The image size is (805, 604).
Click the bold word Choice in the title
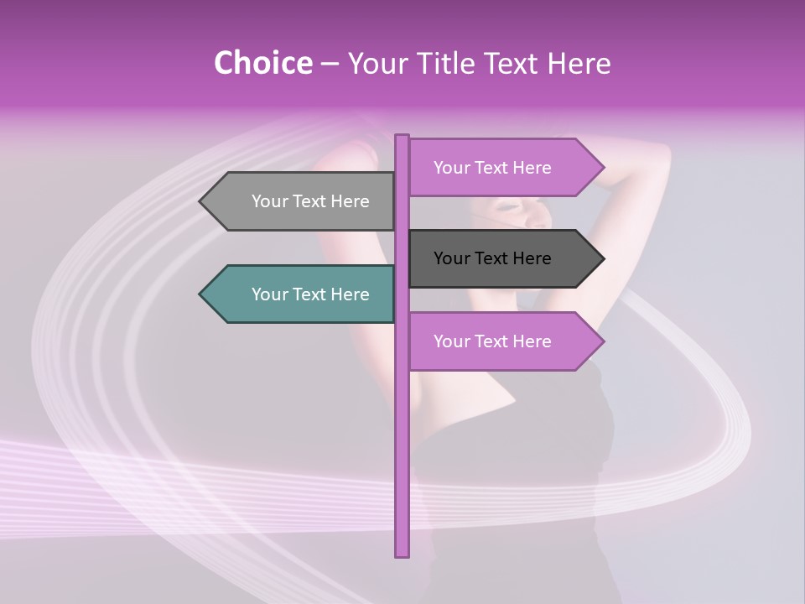pyautogui.click(x=262, y=63)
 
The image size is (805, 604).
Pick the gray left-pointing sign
pyautogui.click(x=302, y=201)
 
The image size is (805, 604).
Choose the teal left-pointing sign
pyautogui.click(x=302, y=294)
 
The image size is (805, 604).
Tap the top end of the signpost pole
pyautogui.click(x=402, y=137)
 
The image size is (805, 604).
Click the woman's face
pyautogui.click(x=520, y=214)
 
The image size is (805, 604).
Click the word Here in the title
pyautogui.click(x=579, y=63)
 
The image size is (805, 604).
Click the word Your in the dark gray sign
pyautogui.click(x=451, y=258)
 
